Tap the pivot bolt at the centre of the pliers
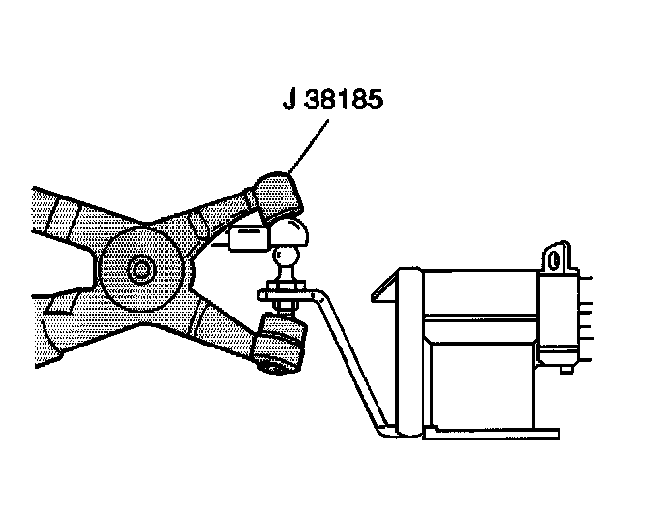[x=142, y=269]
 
